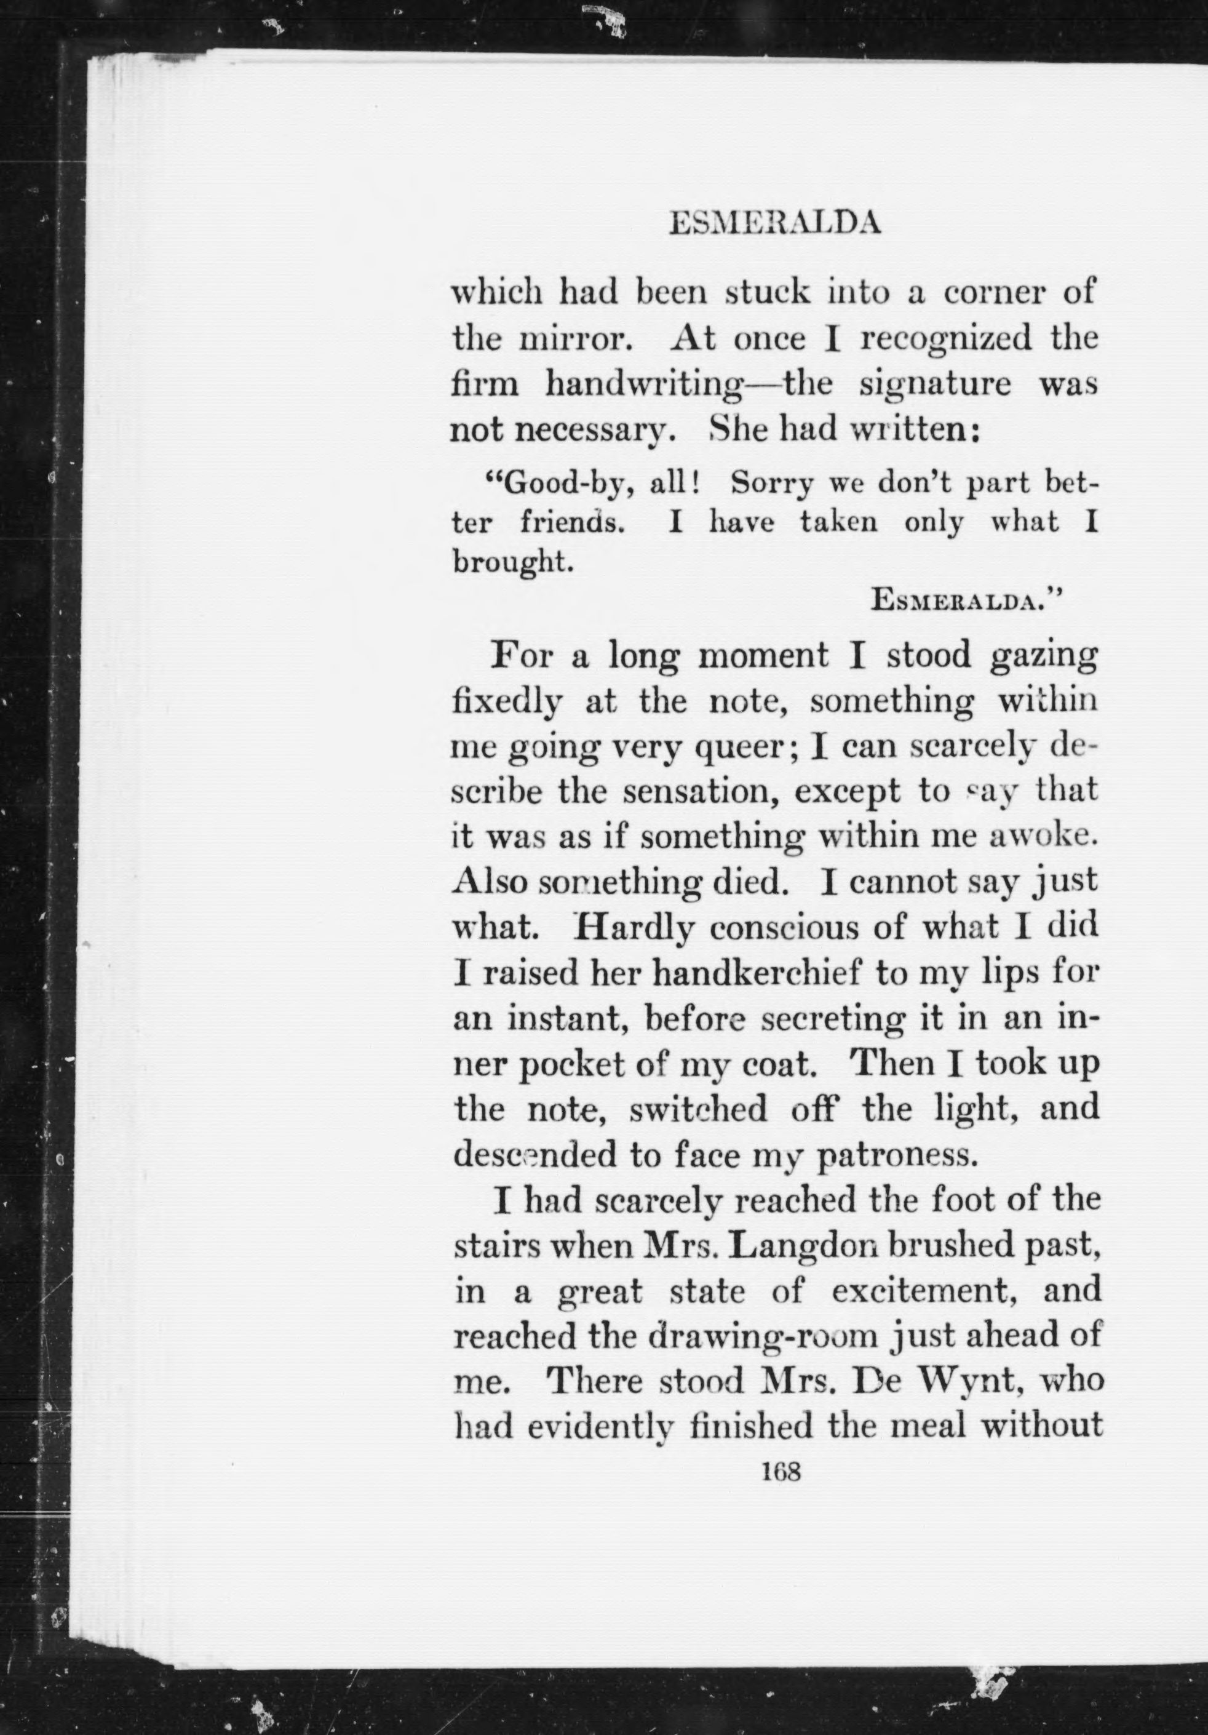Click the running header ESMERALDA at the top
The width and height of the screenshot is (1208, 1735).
coord(775,224)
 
